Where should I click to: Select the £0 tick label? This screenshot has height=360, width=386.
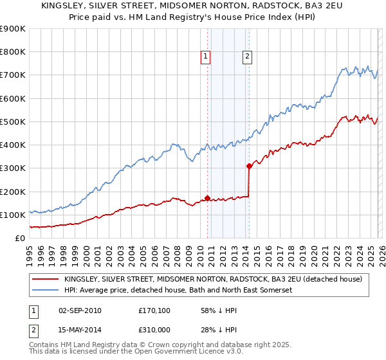(x=19, y=238)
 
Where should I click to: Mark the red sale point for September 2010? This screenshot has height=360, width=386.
(x=207, y=198)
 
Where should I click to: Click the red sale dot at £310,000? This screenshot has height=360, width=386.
(x=249, y=166)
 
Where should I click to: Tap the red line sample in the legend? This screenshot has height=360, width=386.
(x=45, y=280)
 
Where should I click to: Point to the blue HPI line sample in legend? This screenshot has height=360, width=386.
(x=45, y=291)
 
